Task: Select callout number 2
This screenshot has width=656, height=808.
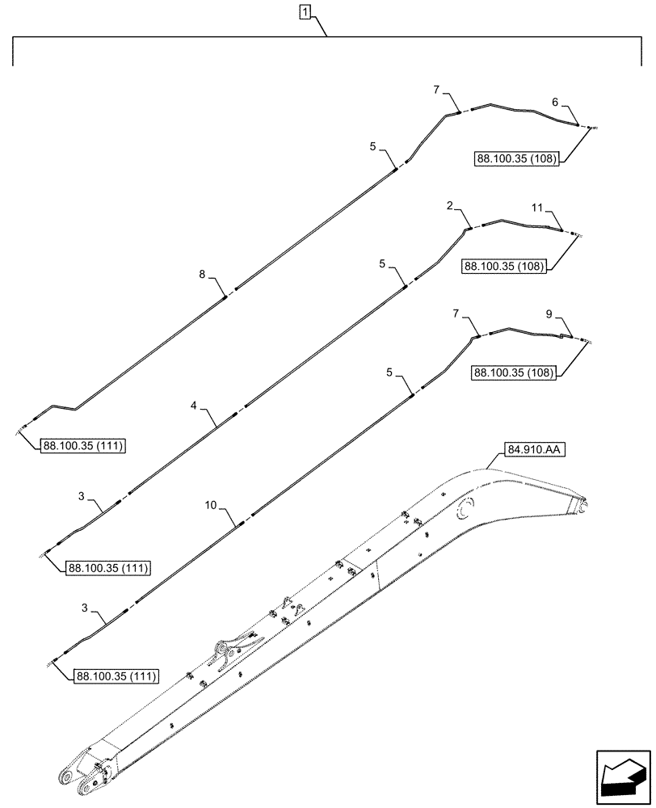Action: (449, 207)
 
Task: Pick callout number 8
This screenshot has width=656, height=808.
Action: (203, 275)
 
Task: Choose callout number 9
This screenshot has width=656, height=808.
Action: (549, 312)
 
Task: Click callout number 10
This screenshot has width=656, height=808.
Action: (210, 505)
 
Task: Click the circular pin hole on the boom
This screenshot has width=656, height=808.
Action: (465, 510)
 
